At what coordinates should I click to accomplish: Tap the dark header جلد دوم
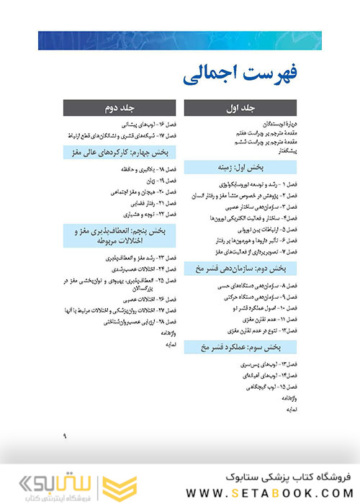tap(119, 108)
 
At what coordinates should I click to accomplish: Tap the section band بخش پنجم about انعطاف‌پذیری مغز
tap(119, 235)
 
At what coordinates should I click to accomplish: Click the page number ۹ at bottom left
tap(64, 435)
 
